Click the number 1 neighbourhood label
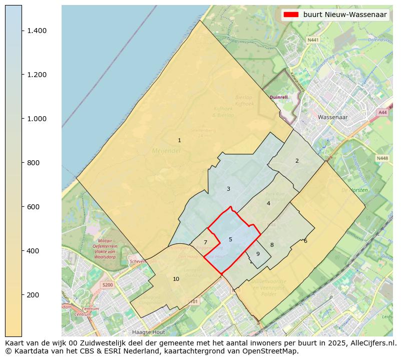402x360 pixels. (179, 140)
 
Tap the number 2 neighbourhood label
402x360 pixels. (297, 161)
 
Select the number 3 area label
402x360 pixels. (228, 189)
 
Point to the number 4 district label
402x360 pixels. (268, 203)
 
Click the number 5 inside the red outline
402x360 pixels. (230, 239)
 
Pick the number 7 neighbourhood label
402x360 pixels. (205, 242)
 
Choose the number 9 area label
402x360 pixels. (258, 254)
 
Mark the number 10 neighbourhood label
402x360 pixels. (176, 279)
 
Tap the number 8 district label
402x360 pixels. (272, 245)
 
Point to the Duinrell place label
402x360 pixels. (279, 97)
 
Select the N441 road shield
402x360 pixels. (313, 40)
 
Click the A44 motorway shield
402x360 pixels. (383, 113)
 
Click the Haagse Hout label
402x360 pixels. (148, 332)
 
